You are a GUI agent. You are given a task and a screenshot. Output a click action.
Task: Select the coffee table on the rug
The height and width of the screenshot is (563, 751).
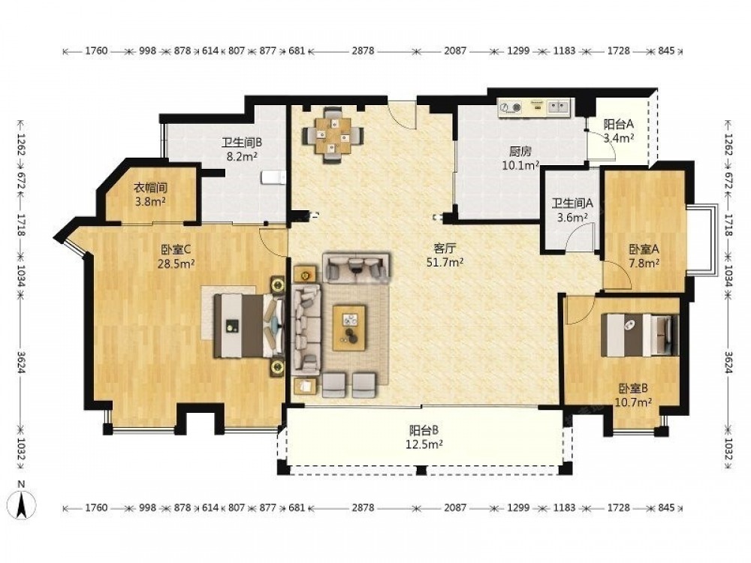coord(349,327)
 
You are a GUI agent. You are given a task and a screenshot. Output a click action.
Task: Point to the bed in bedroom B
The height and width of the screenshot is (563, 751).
coord(640,335)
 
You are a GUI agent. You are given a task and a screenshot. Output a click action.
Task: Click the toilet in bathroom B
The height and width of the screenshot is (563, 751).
coord(273,177)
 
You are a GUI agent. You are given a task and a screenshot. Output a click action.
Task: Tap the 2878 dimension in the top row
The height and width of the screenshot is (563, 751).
coord(363,51)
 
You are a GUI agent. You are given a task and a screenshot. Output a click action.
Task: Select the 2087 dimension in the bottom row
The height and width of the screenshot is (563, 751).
coord(454,507)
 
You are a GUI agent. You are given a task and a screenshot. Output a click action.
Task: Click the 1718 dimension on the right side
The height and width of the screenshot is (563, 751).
coord(728,224)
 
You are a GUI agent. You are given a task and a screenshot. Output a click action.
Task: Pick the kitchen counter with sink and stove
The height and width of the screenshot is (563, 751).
coord(535,107)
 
